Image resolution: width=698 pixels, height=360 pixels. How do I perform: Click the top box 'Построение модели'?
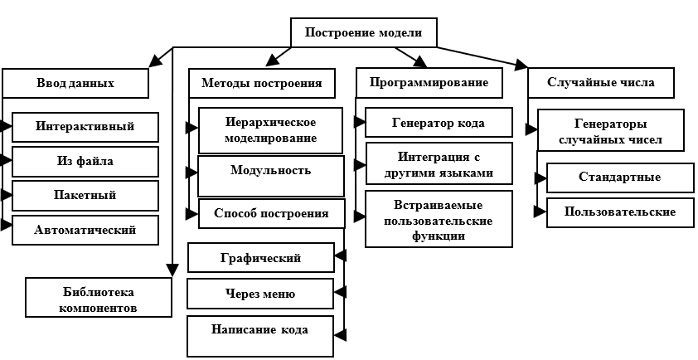pos(364,32)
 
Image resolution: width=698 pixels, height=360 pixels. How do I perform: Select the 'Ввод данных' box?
pos(75,83)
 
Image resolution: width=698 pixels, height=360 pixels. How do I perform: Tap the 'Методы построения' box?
pos(262,83)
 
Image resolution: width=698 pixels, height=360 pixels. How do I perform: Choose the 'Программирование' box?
pos(429,83)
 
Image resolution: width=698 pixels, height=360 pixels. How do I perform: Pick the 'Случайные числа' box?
pos(601,83)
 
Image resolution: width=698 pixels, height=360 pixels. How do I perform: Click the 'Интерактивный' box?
pos(85,127)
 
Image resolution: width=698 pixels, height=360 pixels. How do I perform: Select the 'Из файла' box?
pos(85,162)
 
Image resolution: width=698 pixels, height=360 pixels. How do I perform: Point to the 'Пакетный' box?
pos(85,196)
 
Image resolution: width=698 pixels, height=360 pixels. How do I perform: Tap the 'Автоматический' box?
pos(85,231)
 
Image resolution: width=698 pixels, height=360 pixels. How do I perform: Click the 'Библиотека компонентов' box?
pos(99,298)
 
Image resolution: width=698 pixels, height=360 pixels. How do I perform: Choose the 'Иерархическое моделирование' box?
pos(270,130)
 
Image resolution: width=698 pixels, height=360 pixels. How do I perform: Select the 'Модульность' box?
pos(270,176)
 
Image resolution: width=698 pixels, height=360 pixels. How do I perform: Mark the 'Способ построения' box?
pos(272,213)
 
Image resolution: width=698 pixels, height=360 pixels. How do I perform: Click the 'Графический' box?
pos(261,257)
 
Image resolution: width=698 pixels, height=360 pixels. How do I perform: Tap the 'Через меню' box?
pos(260,294)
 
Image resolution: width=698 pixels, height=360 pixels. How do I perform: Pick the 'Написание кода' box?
pos(260,337)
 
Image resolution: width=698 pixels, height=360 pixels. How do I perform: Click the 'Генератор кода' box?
pos(439,122)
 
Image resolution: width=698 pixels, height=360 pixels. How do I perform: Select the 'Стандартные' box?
pos(620,178)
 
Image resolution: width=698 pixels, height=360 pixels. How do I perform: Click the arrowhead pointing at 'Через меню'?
pos(340,293)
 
